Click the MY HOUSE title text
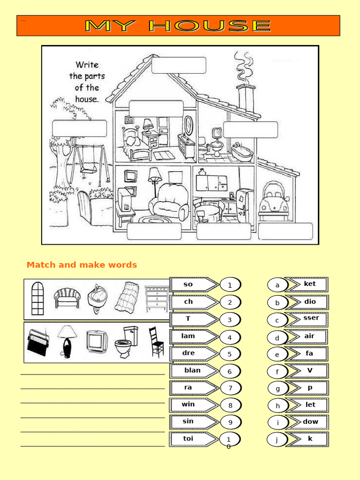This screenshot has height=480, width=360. pyautogui.click(x=178, y=26)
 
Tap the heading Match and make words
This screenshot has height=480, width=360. pyautogui.click(x=82, y=265)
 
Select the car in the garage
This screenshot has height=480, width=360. pyautogui.click(x=274, y=199)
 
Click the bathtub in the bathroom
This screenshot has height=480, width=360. pyautogui.click(x=242, y=152)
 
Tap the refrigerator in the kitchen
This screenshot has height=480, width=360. pyautogui.click(x=244, y=205)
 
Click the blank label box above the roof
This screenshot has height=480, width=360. pyautogui.click(x=179, y=66)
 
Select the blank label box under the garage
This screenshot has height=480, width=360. pyautogui.click(x=285, y=232)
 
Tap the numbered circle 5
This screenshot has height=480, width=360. pyautogui.click(x=230, y=354)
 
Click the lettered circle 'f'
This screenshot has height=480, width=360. pyautogui.click(x=277, y=372)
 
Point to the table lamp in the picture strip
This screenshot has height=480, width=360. pyautogui.click(x=67, y=342)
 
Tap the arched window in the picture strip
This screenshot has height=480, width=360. pyautogui.click(x=37, y=298)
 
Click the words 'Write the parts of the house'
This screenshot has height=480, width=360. pyautogui.click(x=87, y=82)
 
